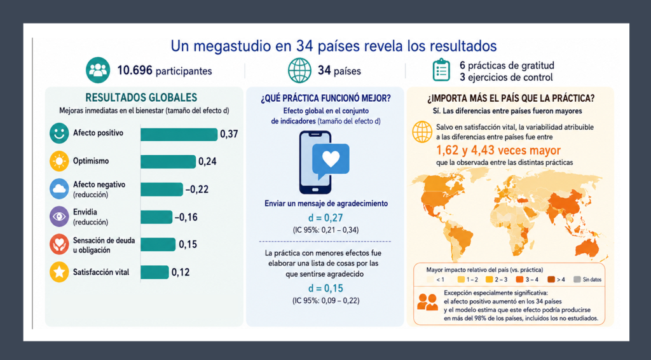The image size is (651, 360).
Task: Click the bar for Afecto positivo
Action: pyautogui.click(x=179, y=135)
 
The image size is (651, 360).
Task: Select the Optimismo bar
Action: pyautogui.click(x=168, y=162)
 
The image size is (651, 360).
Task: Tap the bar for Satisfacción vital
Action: pyautogui.click(x=155, y=272)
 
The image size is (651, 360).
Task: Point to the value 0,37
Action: pyautogui.click(x=229, y=134)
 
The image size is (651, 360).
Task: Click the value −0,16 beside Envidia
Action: pyautogui.click(x=186, y=217)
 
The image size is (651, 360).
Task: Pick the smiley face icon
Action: pyautogui.click(x=59, y=134)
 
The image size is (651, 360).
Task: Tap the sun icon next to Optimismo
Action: pyautogui.click(x=59, y=161)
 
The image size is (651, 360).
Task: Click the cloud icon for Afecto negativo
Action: pyautogui.click(x=59, y=189)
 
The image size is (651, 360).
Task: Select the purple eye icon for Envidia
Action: pyautogui.click(x=59, y=216)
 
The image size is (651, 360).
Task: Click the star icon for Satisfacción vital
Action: pyautogui.click(x=59, y=272)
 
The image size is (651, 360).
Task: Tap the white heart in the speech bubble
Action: pyautogui.click(x=331, y=158)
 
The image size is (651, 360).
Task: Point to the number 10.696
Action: pyautogui.click(x=135, y=71)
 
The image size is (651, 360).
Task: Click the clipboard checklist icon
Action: pyautogui.click(x=441, y=70)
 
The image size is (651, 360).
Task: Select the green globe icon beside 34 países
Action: pyautogui.click(x=299, y=70)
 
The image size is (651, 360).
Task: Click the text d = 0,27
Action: pyautogui.click(x=325, y=218)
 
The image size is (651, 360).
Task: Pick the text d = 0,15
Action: pyautogui.click(x=325, y=289)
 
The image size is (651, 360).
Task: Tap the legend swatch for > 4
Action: pyautogui.click(x=551, y=279)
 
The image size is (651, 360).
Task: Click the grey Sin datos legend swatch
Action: pyautogui.click(x=577, y=279)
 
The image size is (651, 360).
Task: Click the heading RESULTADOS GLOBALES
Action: pyautogui.click(x=141, y=97)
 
